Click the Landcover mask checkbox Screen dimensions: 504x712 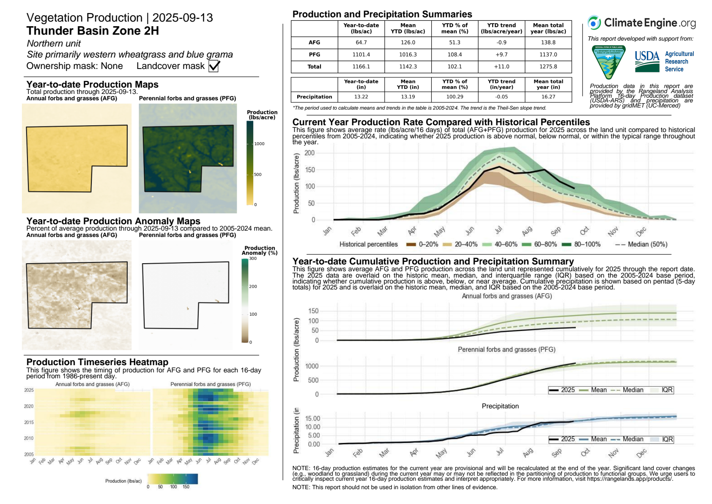tap(214, 66)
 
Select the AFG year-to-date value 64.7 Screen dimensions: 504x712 tap(361, 43)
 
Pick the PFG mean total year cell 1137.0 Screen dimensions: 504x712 tap(548, 55)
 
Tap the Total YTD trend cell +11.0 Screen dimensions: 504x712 tap(501, 67)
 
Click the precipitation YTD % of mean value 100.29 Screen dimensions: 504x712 tap(455, 97)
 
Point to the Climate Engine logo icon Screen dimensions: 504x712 tap(594, 23)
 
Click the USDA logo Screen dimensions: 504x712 tap(647, 61)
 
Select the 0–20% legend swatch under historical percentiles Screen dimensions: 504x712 tap(411, 245)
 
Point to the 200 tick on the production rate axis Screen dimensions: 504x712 tap(309, 153)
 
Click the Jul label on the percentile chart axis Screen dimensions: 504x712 tap(499, 230)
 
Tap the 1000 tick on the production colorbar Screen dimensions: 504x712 tap(259, 144)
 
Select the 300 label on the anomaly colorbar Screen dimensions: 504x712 tap(253, 259)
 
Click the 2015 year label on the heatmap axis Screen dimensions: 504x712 tap(29, 422)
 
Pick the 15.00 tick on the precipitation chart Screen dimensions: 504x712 tap(312, 419)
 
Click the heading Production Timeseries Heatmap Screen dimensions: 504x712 tap(97, 362)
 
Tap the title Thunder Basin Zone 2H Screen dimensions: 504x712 tap(93, 31)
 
